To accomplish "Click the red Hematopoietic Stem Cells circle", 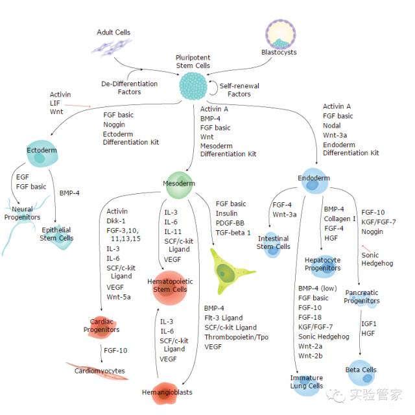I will click(171, 285).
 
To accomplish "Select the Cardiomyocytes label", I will click(100, 372).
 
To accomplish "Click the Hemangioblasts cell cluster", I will click(167, 391).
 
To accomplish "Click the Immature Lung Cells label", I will click(307, 381).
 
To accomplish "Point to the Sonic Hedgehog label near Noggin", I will click(370, 259).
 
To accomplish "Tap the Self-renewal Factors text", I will click(239, 89).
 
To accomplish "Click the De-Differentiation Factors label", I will click(130, 88).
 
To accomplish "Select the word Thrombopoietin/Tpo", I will click(231, 337).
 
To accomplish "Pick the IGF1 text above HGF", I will click(369, 322).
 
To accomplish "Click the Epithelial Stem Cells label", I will click(58, 234).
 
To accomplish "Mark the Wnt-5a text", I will click(119, 296).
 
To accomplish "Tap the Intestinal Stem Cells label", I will click(274, 242).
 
